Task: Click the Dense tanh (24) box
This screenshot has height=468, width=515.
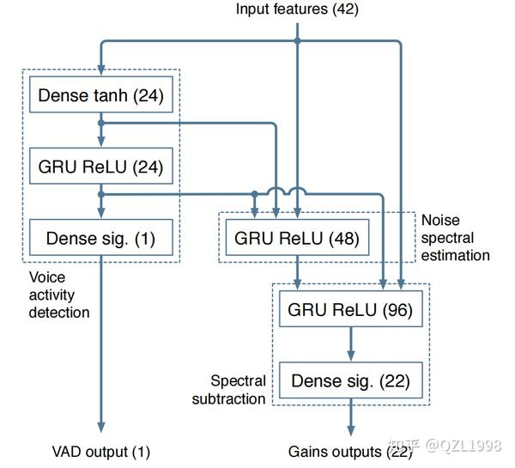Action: [x=100, y=96]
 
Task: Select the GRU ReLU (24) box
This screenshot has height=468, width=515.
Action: [x=100, y=167]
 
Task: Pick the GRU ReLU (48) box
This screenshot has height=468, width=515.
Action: [x=296, y=238]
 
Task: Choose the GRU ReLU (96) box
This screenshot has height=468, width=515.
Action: [x=350, y=310]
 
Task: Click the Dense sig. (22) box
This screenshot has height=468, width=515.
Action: [x=350, y=380]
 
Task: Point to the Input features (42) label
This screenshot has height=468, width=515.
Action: [x=297, y=9]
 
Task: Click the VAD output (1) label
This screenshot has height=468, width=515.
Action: [x=100, y=451]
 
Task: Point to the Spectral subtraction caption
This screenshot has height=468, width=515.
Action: [x=239, y=389]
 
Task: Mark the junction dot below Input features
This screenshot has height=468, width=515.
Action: [x=297, y=40]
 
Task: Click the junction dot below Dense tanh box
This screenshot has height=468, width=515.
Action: [x=101, y=124]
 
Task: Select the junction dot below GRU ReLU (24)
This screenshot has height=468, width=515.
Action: [x=101, y=194]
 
